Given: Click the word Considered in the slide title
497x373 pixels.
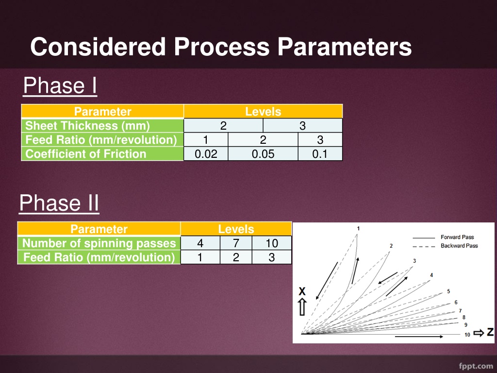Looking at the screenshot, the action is [98, 47].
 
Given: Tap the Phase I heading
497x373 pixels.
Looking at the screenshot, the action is [60, 85].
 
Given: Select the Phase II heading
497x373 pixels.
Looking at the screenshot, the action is [59, 203].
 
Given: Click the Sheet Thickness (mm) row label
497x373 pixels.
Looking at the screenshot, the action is [87, 126].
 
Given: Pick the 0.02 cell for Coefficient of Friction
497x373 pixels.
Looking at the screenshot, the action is [206, 154].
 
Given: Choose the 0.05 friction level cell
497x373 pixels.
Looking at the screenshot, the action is [263, 154].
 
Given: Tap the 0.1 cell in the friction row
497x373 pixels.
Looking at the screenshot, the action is [320, 154].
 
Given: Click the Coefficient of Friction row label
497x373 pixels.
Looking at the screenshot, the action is [85, 154].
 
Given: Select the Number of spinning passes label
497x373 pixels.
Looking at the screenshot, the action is [99, 243].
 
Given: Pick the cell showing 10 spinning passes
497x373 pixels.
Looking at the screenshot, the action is [272, 243].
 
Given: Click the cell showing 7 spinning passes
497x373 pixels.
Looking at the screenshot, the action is [236, 243].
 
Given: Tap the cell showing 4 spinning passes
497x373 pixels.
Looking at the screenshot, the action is [200, 243].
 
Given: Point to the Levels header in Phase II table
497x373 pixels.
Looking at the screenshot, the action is [236, 229].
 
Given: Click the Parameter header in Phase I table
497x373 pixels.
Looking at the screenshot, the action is [103, 111].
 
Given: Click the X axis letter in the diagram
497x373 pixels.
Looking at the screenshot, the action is [302, 291].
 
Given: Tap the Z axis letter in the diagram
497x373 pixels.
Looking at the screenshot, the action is [490, 332].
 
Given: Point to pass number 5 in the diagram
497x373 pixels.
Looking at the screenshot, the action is [448, 291].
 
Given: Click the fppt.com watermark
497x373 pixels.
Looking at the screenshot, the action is [476, 366].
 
